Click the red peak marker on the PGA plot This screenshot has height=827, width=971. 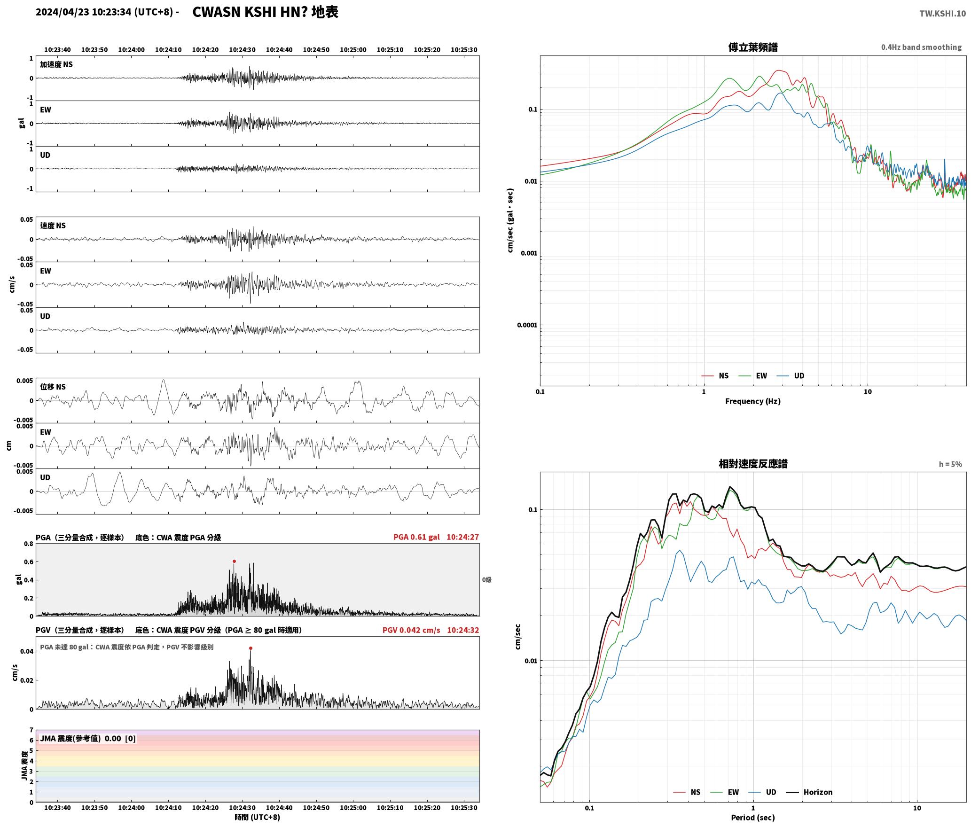[x=234, y=561]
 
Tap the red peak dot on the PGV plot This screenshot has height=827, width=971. [x=251, y=648]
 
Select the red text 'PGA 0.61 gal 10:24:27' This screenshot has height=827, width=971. [x=436, y=537]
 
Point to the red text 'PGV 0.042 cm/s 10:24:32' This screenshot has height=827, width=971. [x=431, y=630]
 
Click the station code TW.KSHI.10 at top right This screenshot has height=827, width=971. [x=943, y=14]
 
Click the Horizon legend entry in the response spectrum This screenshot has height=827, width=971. [x=809, y=792]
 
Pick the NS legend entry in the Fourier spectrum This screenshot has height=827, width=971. [x=715, y=376]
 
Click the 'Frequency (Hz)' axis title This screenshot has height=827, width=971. [x=753, y=401]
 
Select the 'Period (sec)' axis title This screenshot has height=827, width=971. [x=753, y=818]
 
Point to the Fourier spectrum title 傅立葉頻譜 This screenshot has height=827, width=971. [x=753, y=47]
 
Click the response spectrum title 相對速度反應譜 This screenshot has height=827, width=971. [x=753, y=464]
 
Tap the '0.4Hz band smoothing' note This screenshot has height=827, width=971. [x=921, y=47]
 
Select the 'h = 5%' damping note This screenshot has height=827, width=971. [x=950, y=464]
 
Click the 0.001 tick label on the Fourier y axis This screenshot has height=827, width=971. [x=529, y=253]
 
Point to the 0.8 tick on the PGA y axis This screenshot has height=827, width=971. [x=29, y=544]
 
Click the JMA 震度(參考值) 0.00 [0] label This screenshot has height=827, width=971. [x=88, y=739]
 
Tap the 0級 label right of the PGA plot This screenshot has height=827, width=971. [x=487, y=580]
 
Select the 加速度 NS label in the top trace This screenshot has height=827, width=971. [x=56, y=65]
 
